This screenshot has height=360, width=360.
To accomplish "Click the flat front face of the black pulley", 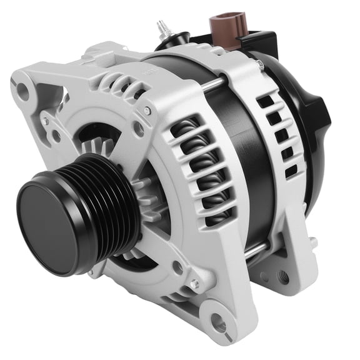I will [x=46, y=220].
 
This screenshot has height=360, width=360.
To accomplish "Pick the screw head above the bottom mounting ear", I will [x=194, y=284].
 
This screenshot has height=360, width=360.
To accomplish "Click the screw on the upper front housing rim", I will [x=147, y=111].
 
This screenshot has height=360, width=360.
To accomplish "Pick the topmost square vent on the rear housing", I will [x=265, y=100].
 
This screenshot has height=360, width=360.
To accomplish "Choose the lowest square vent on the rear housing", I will [x=291, y=170].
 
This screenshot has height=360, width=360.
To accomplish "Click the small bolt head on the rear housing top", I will [x=259, y=64].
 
